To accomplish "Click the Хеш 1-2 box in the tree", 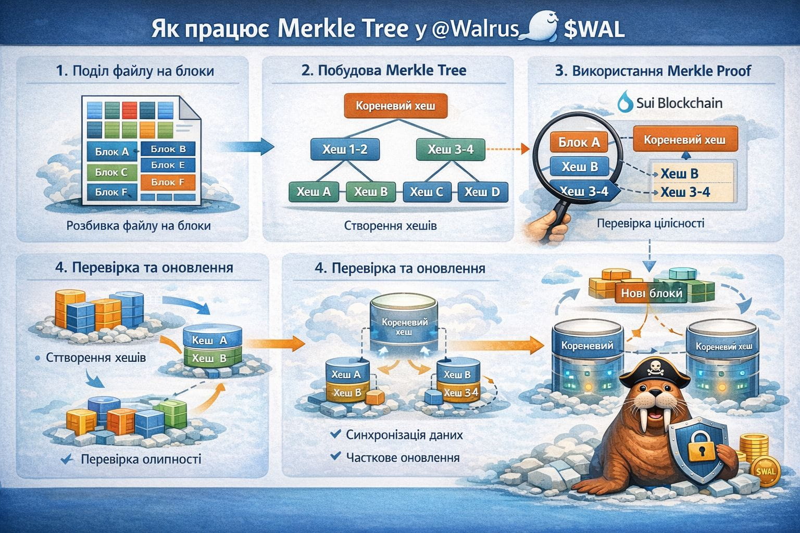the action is click(345, 149).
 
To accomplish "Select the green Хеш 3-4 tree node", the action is click(451, 149).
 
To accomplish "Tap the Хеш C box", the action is click(427, 192).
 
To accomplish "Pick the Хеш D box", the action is click(482, 192).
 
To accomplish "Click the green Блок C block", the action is click(112, 172).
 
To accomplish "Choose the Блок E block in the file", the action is click(168, 165).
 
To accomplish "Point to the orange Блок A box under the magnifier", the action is click(579, 142).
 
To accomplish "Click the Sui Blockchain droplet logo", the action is click(626, 101).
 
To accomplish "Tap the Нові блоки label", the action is click(652, 294).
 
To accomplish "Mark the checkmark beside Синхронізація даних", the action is click(335, 435).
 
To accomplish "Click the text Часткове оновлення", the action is click(403, 458).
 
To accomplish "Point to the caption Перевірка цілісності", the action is click(651, 224).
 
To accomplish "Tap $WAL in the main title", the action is click(594, 29).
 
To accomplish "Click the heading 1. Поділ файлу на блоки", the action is click(135, 71).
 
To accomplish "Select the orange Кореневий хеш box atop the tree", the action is click(396, 106).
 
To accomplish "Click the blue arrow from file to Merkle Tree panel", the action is click(246, 147).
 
